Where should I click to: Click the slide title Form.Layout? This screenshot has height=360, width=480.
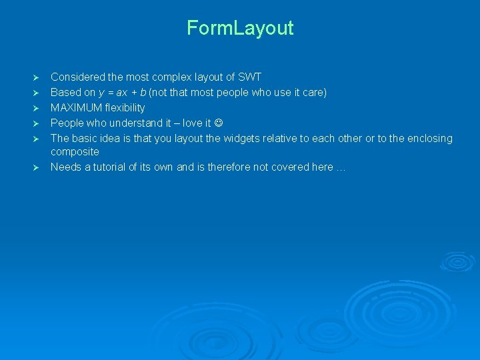point(240,28)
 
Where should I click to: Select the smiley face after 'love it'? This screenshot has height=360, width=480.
point(218,123)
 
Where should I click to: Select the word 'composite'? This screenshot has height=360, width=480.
point(75,152)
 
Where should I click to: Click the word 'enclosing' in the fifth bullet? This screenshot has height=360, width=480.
point(429,139)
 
